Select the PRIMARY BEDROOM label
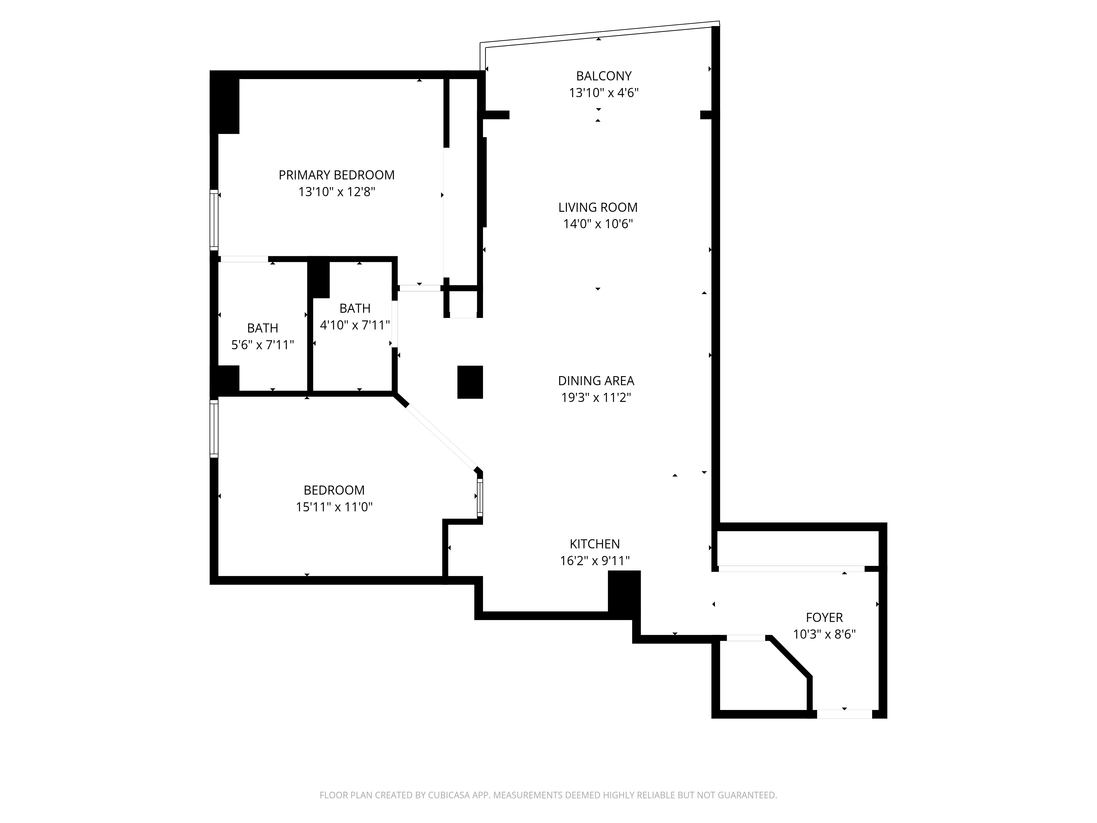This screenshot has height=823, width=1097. [336, 175]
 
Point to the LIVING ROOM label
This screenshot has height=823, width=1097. [598, 207]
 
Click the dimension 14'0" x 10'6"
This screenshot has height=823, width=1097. [598, 224]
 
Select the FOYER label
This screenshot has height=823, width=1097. [824, 617]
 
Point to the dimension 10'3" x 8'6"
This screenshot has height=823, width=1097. [824, 634]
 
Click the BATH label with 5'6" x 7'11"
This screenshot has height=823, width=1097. [262, 328]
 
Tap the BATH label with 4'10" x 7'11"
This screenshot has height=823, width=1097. [355, 308]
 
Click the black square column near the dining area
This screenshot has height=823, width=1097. [470, 382]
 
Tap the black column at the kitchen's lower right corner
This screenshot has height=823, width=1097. [624, 593]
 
